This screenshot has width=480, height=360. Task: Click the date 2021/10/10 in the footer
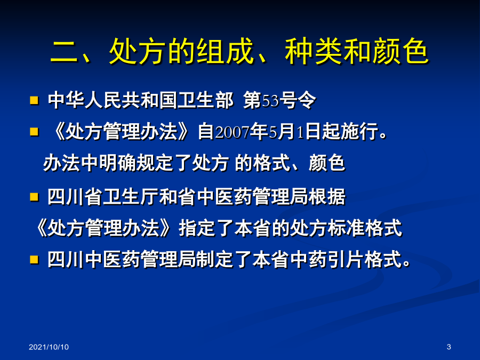point(49,347)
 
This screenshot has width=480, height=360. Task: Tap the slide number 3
point(449,347)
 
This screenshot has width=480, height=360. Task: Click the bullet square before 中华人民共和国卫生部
point(34,100)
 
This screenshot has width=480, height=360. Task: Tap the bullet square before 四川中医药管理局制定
point(34,260)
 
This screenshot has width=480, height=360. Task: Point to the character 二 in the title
point(65,51)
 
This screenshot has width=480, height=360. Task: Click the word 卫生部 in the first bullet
point(206,100)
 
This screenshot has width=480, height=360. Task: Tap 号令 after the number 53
point(297,100)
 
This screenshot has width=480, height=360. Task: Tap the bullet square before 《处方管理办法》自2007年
point(34,132)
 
